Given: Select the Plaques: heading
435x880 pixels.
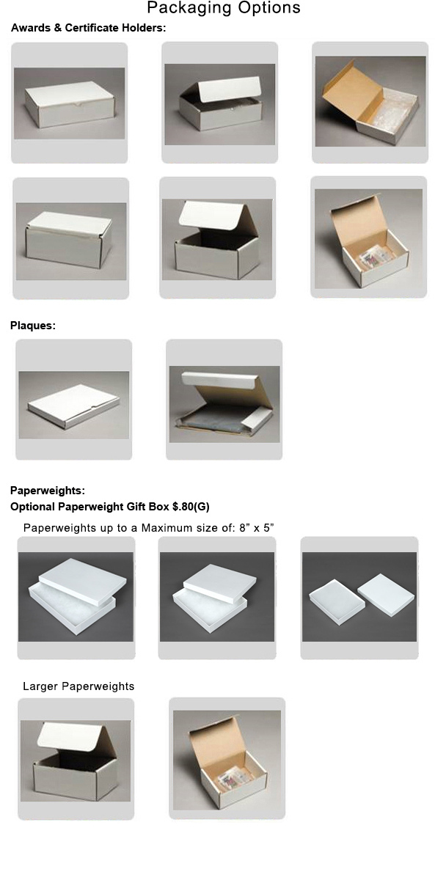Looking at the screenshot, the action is click(33, 326).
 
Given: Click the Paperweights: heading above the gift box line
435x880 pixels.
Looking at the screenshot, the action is click(48, 491).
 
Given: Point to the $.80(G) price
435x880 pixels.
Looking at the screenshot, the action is click(191, 507).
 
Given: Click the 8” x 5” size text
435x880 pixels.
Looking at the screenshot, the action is click(257, 527).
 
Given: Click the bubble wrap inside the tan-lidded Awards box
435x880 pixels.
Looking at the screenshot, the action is click(388, 114).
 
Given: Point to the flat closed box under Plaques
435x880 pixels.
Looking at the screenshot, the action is click(73, 406).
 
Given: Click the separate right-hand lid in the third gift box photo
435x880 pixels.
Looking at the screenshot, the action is click(387, 590).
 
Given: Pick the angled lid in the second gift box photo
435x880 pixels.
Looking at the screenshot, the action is click(220, 582).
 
